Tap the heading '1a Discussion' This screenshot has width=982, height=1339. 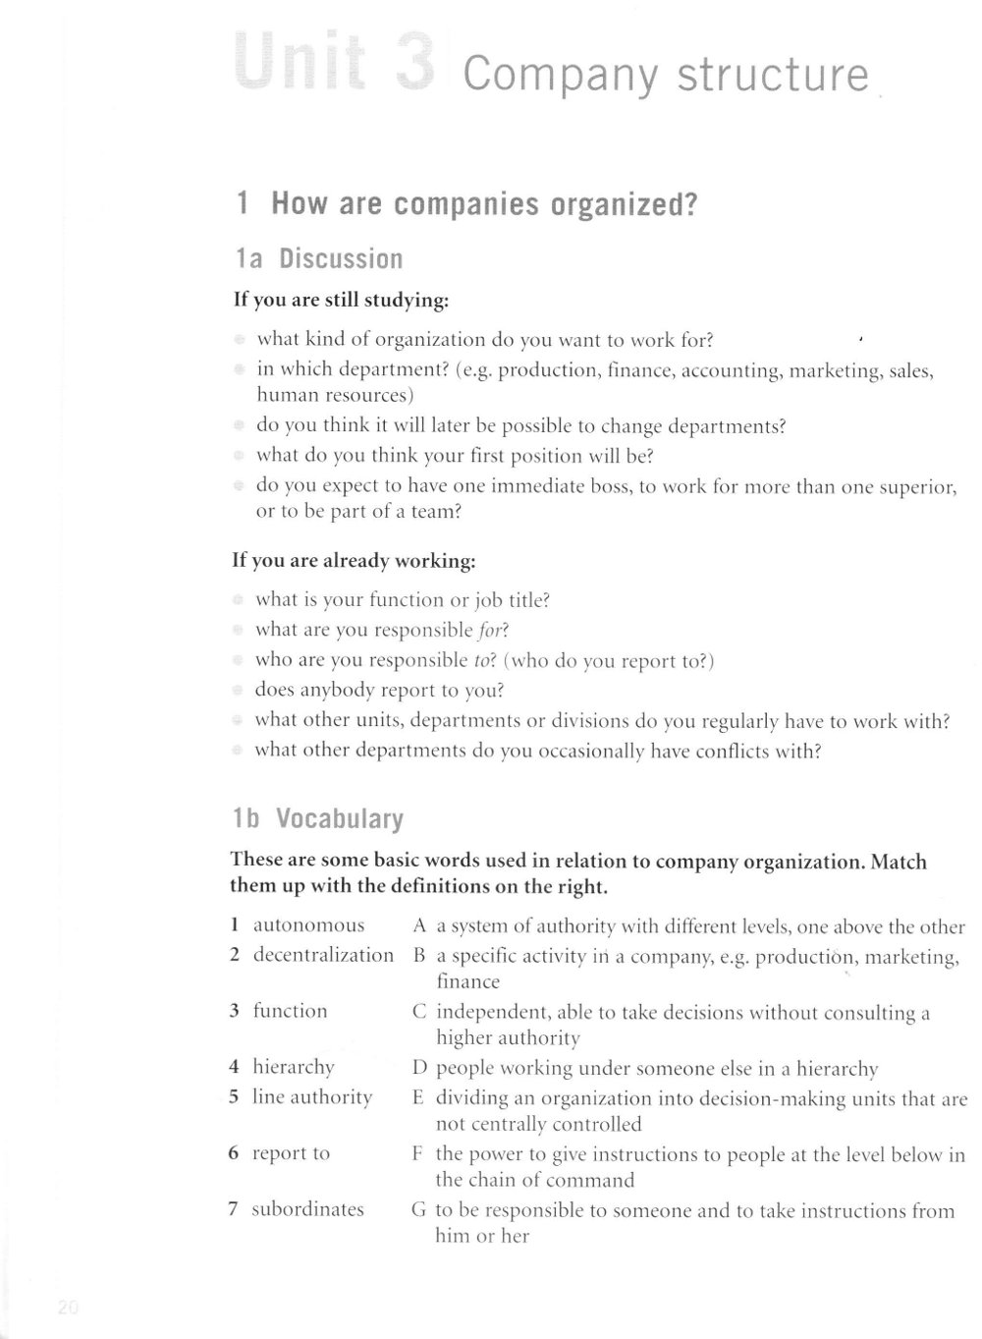pyautogui.click(x=319, y=259)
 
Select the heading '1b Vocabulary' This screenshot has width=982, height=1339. pyautogui.click(x=317, y=818)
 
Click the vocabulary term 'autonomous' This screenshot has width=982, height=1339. pyautogui.click(x=308, y=925)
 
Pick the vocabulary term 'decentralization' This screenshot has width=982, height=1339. pyautogui.click(x=323, y=955)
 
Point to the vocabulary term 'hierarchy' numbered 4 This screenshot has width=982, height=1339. pyautogui.click(x=294, y=1067)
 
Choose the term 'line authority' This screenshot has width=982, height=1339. pyautogui.click(x=312, y=1097)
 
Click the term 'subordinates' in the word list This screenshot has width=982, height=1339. pyautogui.click(x=307, y=1209)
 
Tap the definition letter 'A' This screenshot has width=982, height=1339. pyautogui.click(x=419, y=926)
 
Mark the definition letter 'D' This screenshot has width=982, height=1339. pyautogui.click(x=419, y=1069)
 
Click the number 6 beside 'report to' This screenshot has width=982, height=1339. pyautogui.click(x=234, y=1154)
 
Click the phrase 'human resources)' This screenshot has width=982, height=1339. pyautogui.click(x=335, y=396)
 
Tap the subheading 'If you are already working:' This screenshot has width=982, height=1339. pyautogui.click(x=354, y=562)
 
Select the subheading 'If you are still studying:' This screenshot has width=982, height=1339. pyautogui.click(x=341, y=300)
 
